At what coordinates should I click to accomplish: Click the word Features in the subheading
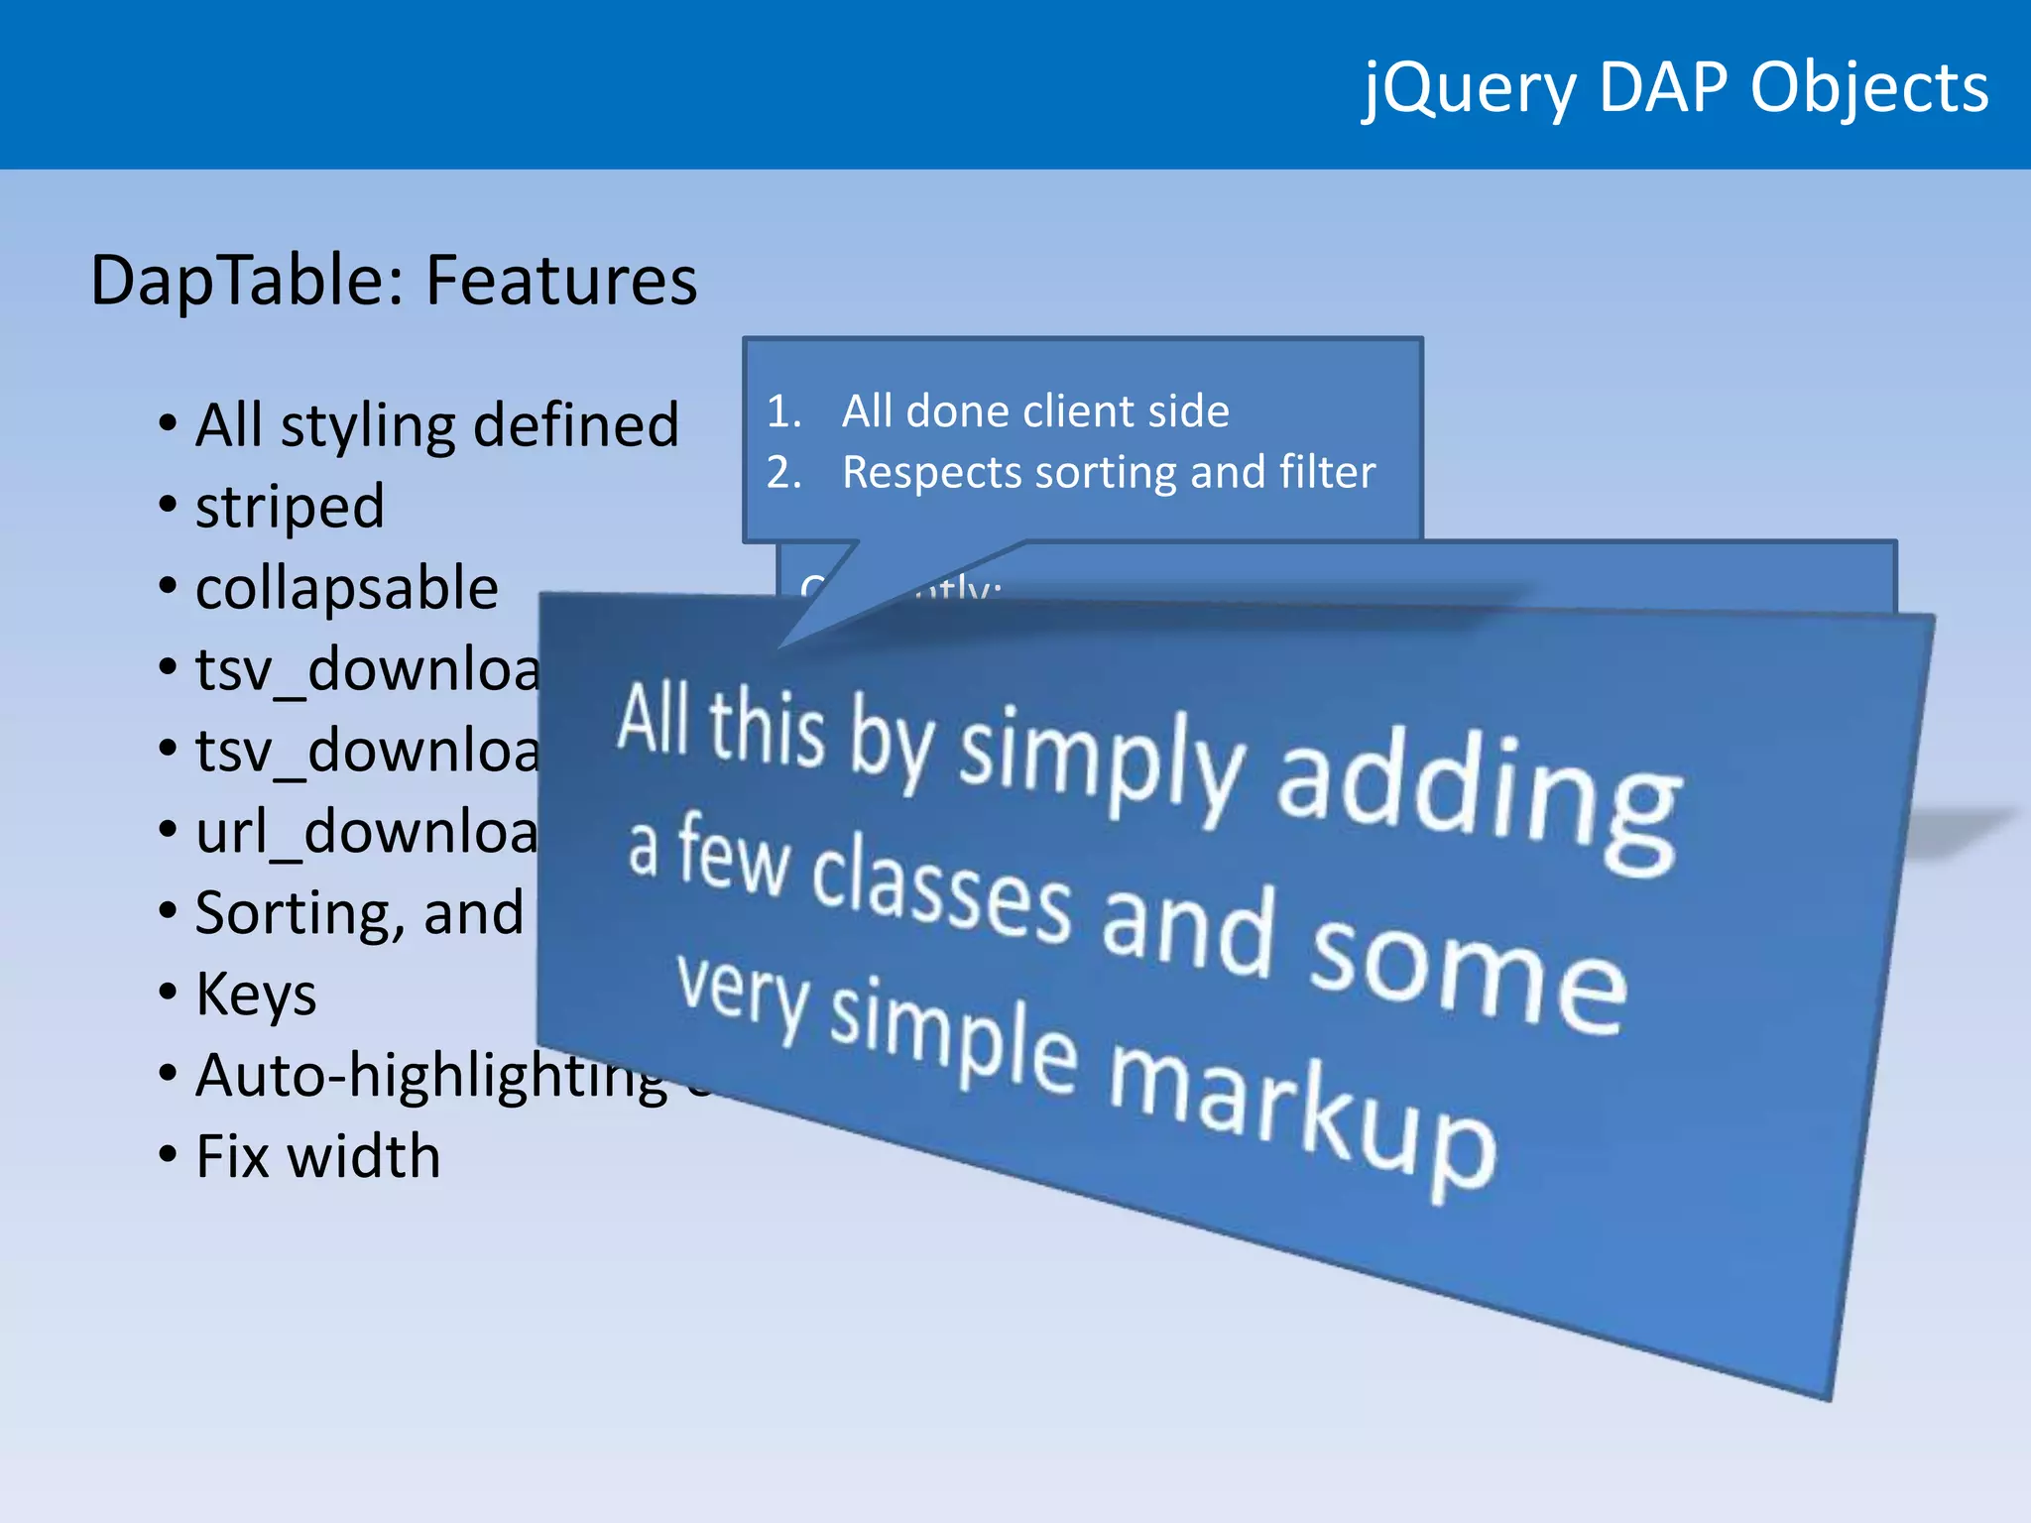tap(561, 281)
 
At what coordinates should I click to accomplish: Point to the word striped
tap(290, 508)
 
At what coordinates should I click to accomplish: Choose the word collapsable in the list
tap(346, 588)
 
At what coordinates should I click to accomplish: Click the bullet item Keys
tap(256, 994)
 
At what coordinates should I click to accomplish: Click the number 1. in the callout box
tap(783, 411)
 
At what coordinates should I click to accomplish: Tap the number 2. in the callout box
tap(783, 473)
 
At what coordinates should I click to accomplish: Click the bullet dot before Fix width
tap(168, 1154)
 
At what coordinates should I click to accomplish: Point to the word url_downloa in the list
tap(367, 831)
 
